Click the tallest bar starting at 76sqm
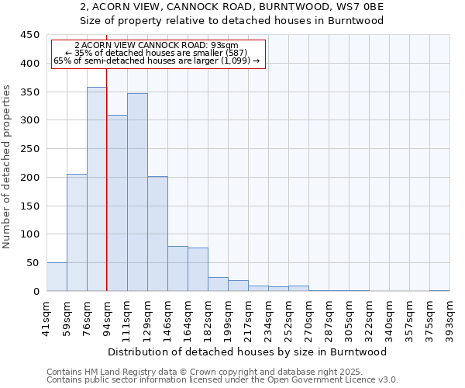click(97, 189)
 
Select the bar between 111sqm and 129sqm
click(137, 192)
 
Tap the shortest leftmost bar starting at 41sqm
click(57, 277)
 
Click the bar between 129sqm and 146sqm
click(157, 234)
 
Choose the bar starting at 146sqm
click(177, 268)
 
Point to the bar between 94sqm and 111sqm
click(117, 203)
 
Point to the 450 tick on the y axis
click(29, 35)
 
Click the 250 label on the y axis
click(29, 149)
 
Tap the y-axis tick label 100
click(29, 234)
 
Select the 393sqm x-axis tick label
click(449, 317)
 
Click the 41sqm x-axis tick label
click(47, 315)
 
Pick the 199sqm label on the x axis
click(229, 317)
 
